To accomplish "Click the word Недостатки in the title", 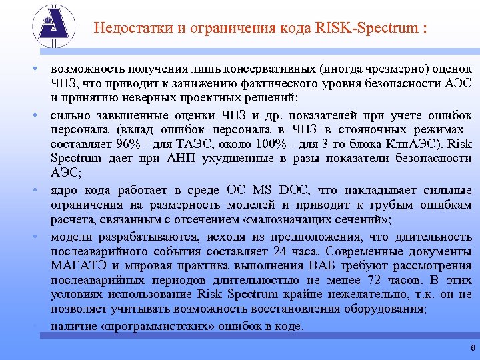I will (127, 29).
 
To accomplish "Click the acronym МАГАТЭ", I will (78, 266).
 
